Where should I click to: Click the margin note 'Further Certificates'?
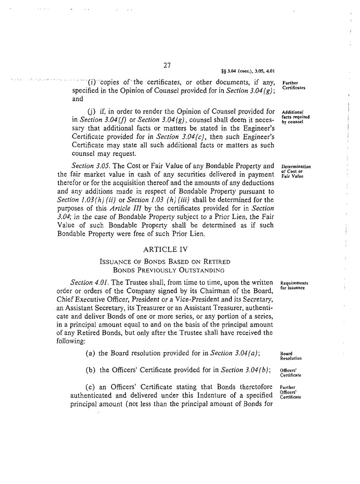[x=291, y=85]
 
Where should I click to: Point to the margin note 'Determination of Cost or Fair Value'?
[x=296, y=171]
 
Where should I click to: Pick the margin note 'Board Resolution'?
[x=291, y=356]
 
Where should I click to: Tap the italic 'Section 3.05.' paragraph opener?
[x=91, y=166]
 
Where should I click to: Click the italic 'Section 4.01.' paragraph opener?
[x=90, y=282]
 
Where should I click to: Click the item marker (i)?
[x=92, y=83]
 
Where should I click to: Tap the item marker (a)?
[x=91, y=354]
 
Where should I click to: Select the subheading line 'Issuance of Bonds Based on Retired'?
[x=165, y=261]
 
